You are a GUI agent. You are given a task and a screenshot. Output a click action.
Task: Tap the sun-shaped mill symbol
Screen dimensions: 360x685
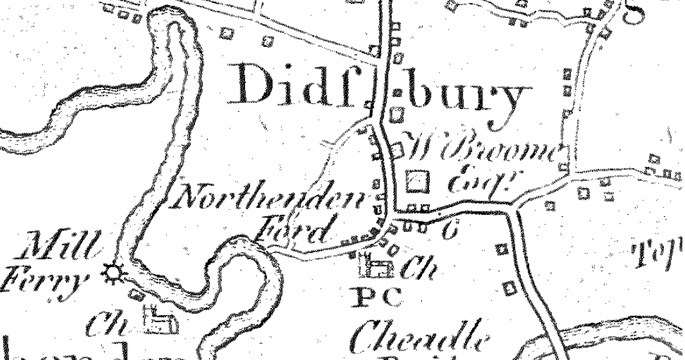pos(114,275)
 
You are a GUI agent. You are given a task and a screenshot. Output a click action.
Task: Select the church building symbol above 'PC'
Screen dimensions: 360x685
pos(376,266)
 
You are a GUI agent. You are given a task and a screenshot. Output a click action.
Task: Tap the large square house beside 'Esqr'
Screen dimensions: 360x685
pos(418,182)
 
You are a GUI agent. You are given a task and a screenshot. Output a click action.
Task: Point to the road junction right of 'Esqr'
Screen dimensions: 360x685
pos(514,204)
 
